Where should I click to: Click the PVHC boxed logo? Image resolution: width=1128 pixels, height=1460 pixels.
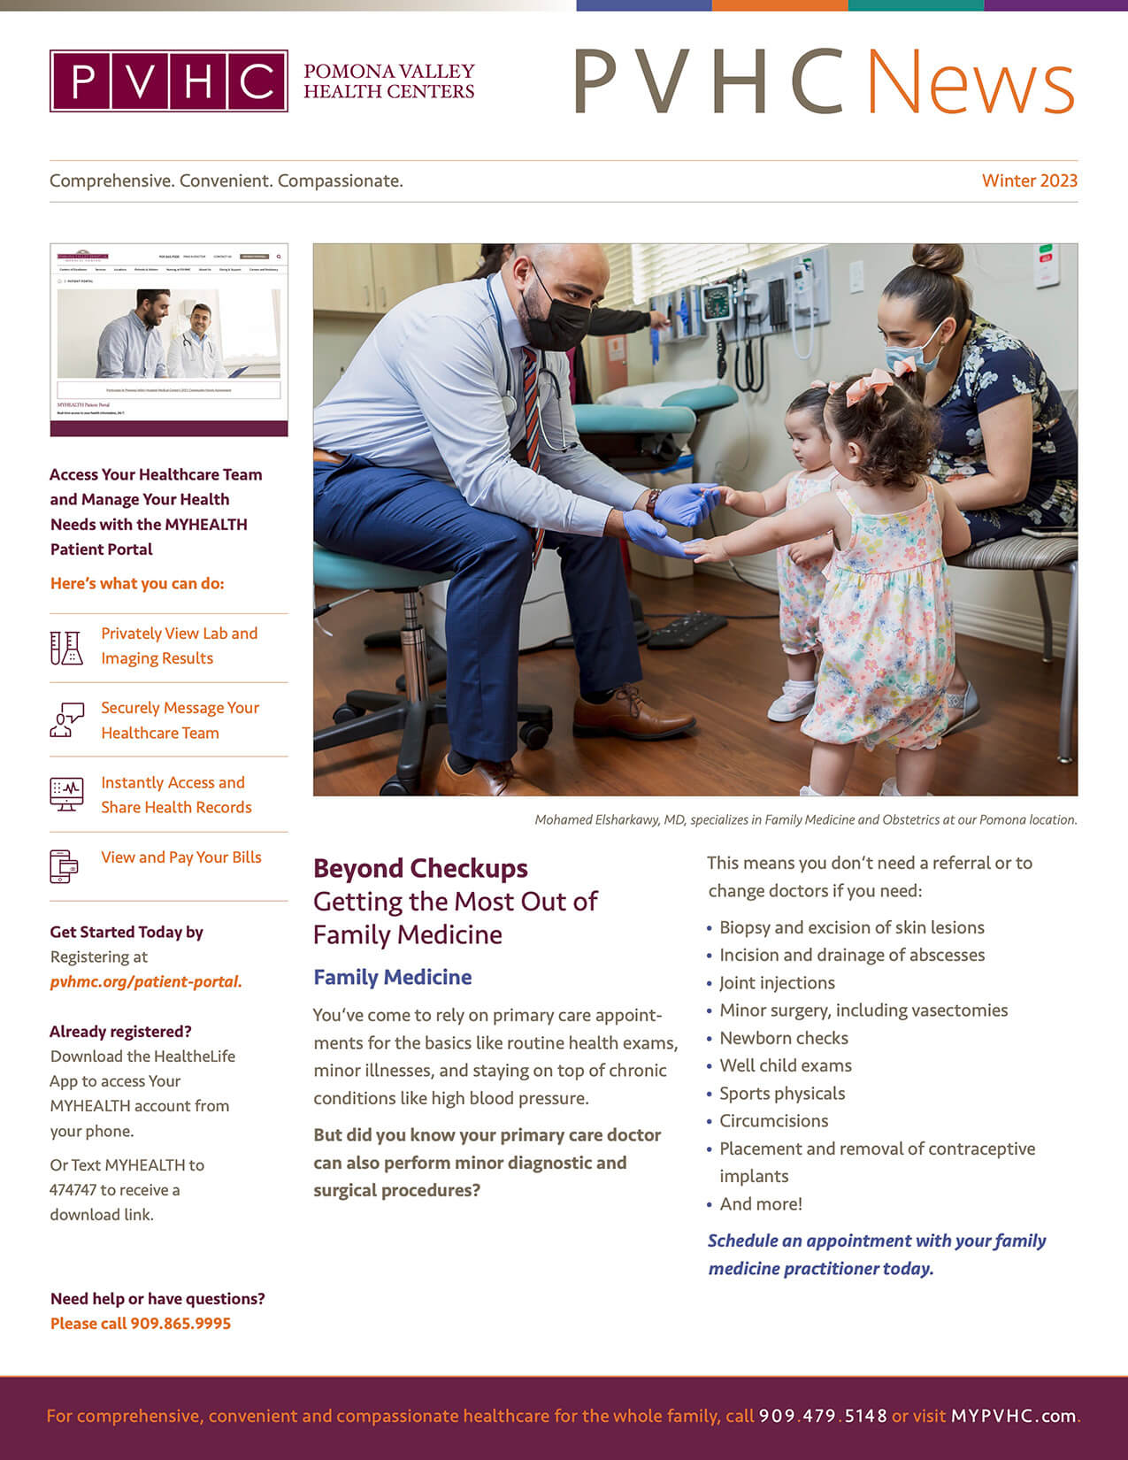[x=169, y=81]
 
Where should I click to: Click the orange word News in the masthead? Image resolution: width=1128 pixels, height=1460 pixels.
[x=971, y=82]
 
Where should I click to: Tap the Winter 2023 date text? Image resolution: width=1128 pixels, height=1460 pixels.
[x=1029, y=181]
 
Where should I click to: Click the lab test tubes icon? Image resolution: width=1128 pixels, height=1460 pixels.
[x=66, y=648]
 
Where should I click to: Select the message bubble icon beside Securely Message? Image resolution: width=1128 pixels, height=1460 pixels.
[x=66, y=720]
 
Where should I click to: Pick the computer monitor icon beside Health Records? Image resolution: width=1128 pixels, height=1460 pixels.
[x=66, y=795]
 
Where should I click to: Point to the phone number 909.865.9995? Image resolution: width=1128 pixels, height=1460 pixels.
[x=180, y=1324]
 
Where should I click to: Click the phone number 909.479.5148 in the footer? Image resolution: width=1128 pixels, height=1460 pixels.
[x=823, y=1416]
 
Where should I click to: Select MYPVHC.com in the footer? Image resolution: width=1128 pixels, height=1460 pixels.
[x=1013, y=1416]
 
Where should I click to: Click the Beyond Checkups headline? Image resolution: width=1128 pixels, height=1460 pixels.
[x=420, y=869]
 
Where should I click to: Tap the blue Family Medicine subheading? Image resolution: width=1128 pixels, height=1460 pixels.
[x=392, y=977]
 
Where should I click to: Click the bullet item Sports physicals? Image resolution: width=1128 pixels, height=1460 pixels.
[x=782, y=1094]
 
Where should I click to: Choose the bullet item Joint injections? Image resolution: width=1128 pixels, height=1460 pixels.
[x=777, y=983]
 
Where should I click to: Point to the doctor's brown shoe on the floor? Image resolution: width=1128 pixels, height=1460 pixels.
[x=626, y=715]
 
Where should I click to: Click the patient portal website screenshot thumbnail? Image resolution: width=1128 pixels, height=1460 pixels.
[x=169, y=340]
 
